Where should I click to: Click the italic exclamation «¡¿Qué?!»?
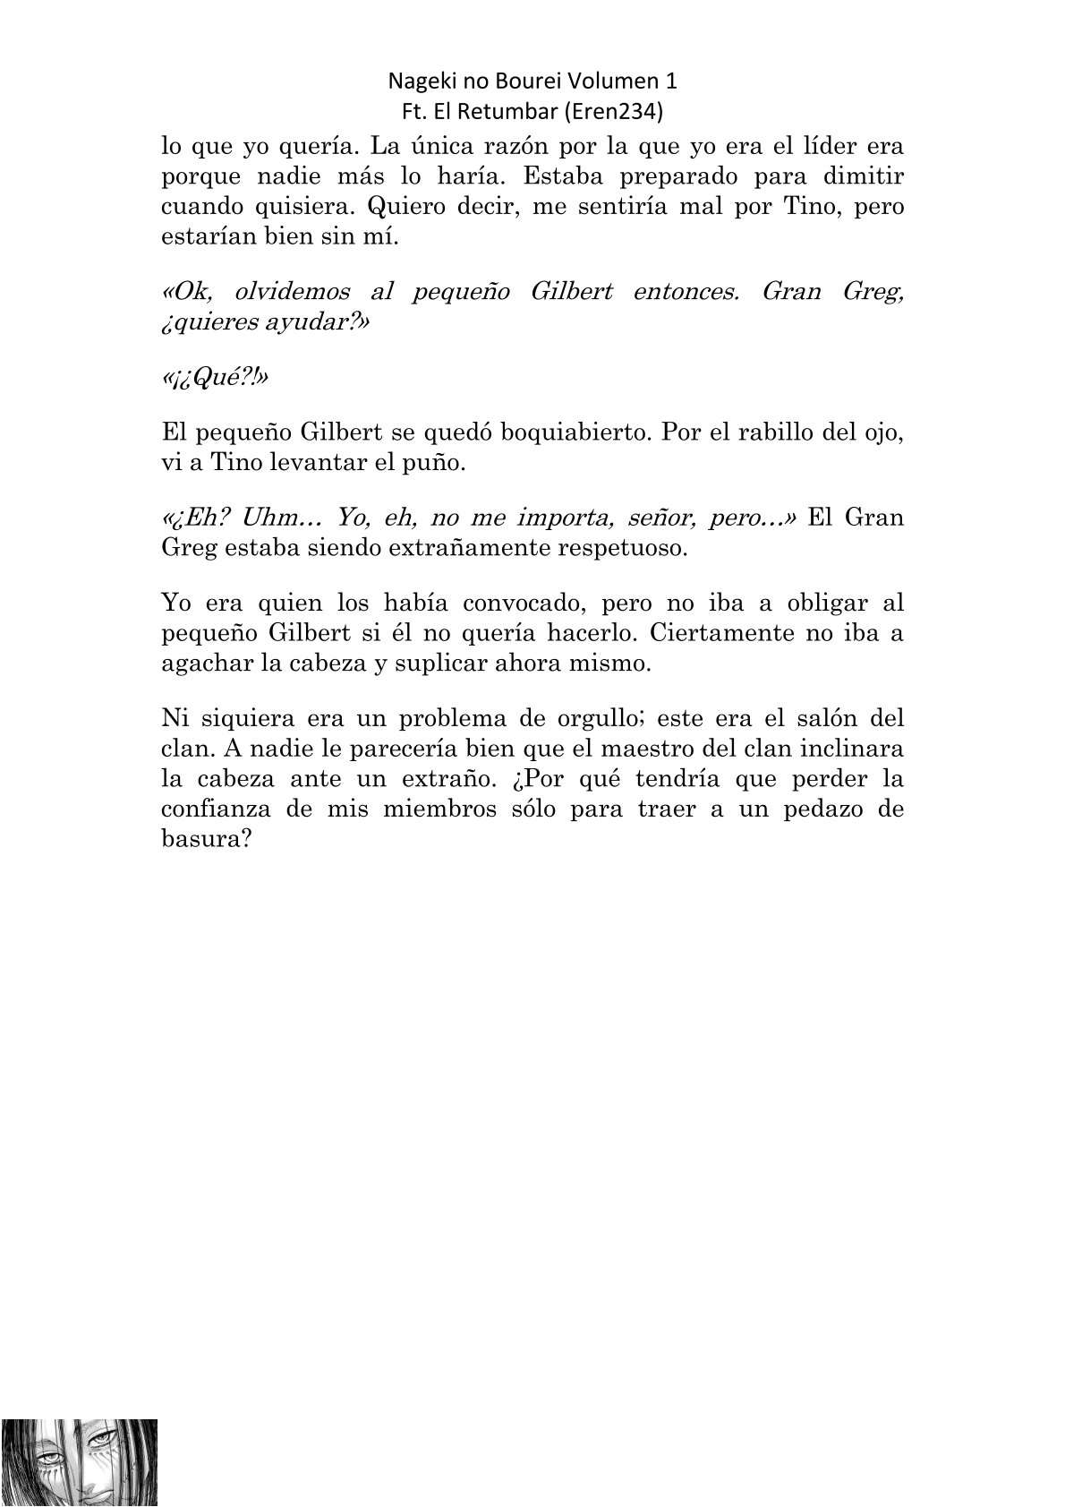pyautogui.click(x=215, y=378)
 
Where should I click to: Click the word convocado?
pyautogui.click(x=520, y=604)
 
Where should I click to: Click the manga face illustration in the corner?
pyautogui.click(x=79, y=1461)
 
